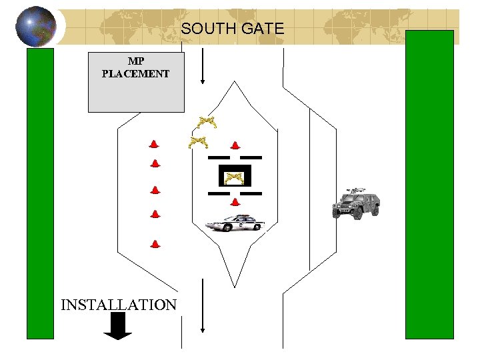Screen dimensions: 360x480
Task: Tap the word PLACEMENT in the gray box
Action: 135,74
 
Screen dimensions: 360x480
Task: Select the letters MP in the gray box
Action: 136,61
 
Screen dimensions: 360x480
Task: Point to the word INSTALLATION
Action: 119,305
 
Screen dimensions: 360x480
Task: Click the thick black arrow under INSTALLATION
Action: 119,326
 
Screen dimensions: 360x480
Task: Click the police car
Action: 235,223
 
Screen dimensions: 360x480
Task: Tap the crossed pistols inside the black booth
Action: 234,177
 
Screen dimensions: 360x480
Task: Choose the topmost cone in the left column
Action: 154,144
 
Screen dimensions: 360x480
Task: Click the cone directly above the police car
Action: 234,201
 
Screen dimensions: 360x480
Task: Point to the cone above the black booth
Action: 235,145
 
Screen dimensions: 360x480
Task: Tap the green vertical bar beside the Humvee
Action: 429,185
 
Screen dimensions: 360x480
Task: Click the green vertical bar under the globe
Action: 39,193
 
